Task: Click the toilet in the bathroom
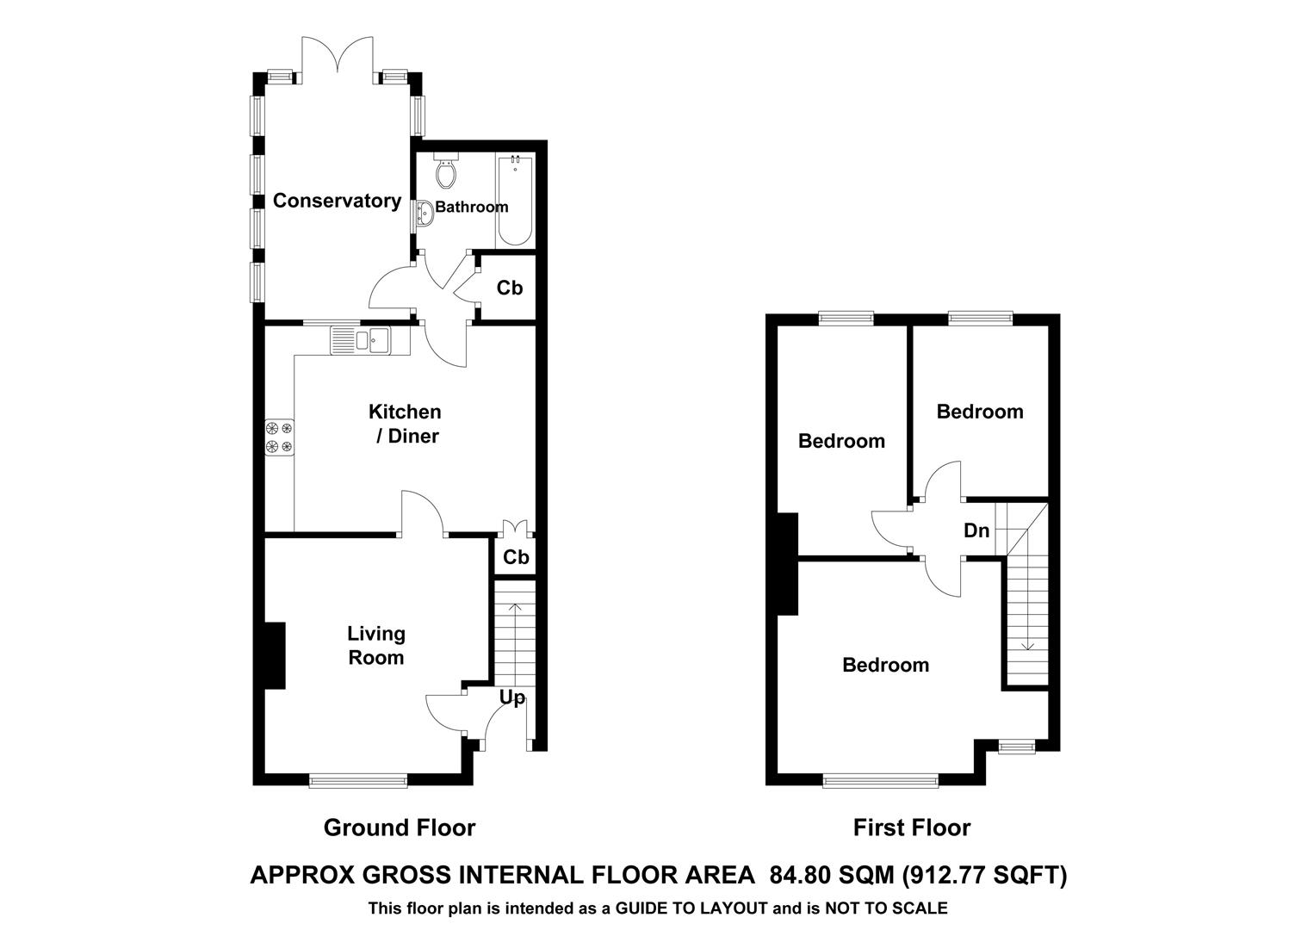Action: pos(446,172)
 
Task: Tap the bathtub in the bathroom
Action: pos(515,201)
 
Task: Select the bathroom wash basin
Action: pos(424,212)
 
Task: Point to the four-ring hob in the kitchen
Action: pos(279,437)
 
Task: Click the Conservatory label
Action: pos(337,201)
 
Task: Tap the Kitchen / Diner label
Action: pos(406,424)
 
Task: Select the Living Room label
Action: pos(375,646)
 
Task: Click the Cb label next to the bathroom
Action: pos(509,288)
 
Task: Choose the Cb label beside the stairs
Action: pos(516,557)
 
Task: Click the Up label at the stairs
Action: pos(511,697)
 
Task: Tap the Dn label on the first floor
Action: pos(976,530)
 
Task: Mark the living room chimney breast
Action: pos(275,655)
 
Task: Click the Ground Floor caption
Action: pos(400,828)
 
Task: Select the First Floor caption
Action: pos(911,828)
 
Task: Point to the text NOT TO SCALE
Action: pos(886,908)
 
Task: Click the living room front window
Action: pos(357,781)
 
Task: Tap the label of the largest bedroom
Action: pos(885,665)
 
